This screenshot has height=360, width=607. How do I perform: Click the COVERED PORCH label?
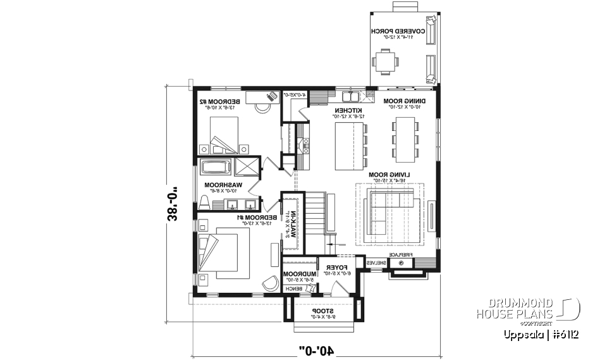(x=391, y=30)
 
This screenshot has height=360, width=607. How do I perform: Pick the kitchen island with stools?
(x=349, y=146)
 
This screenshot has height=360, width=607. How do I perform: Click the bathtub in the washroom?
(x=216, y=167)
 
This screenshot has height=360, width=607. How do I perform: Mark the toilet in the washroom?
(x=205, y=202)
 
